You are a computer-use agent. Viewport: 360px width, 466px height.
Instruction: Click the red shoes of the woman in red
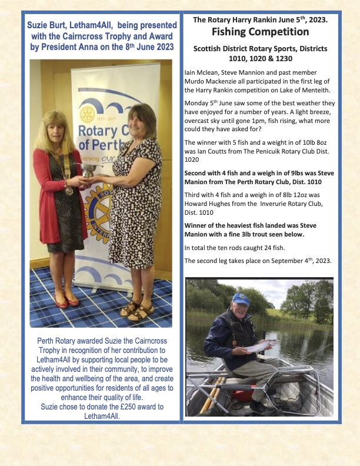click(x=66, y=302)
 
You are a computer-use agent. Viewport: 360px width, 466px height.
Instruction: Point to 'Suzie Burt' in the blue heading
click(x=49, y=26)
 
